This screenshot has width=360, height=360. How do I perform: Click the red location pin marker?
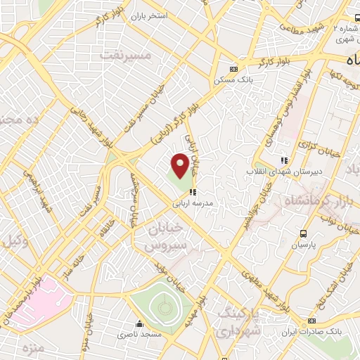pyautogui.click(x=181, y=165)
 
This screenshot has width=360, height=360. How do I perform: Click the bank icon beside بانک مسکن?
pyautogui.click(x=233, y=69)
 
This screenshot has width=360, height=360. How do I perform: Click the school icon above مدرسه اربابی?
pyautogui.click(x=192, y=191)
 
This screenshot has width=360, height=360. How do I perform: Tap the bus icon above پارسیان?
pyautogui.click(x=302, y=233)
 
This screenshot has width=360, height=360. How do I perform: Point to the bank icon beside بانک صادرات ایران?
pyautogui.click(x=311, y=321)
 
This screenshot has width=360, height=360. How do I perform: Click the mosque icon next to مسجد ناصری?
pyautogui.click(x=140, y=324)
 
